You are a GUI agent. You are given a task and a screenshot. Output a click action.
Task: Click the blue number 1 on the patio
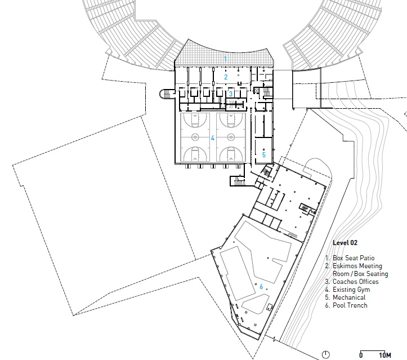coord(226,59)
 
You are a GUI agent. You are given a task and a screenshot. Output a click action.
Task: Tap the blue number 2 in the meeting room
coord(226,77)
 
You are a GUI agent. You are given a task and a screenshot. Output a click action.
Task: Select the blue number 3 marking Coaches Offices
coord(231,94)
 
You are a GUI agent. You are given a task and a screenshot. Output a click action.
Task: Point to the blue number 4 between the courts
coord(213,137)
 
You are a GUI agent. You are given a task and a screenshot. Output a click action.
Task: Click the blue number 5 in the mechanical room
coord(263,153)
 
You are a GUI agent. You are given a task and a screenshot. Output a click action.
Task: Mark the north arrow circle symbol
coord(327,354)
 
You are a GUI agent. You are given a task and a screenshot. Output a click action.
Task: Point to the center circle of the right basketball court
coord(230,137)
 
